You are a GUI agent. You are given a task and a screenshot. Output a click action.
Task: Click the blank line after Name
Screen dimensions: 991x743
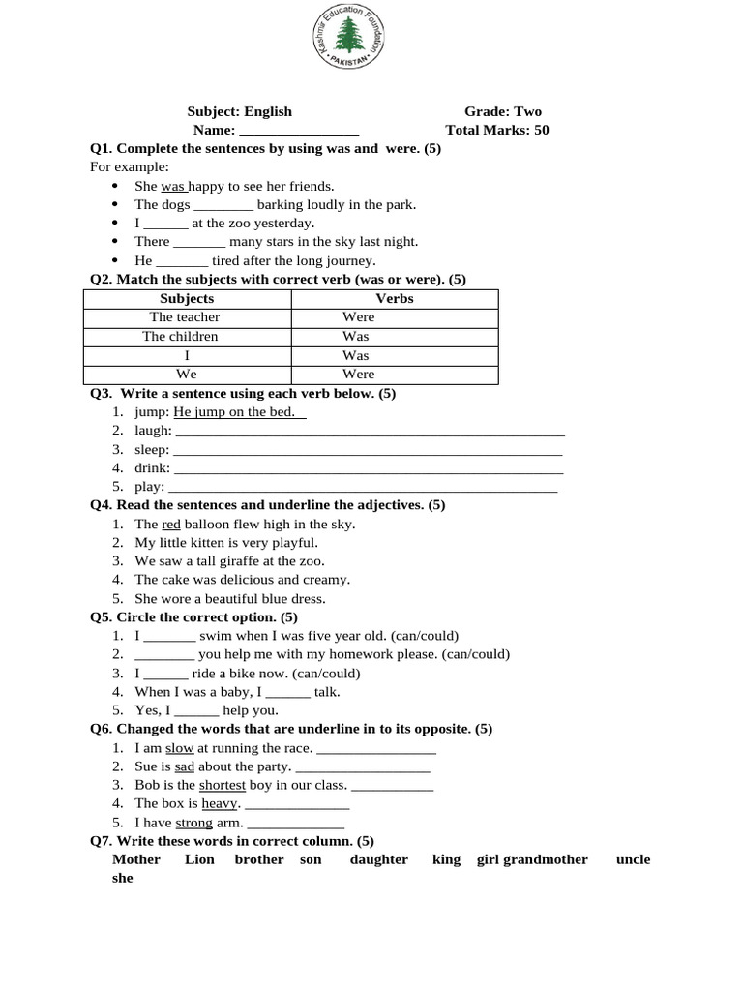(299, 131)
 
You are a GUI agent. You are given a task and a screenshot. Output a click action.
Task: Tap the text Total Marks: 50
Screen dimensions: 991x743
(497, 130)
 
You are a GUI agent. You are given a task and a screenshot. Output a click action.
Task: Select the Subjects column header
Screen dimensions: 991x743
(187, 299)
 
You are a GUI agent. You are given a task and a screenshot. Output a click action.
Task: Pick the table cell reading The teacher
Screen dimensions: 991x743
(185, 317)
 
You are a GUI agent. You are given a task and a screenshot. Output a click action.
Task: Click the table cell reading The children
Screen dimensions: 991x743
(180, 337)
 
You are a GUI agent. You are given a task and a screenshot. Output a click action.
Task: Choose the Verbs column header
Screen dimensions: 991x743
(395, 299)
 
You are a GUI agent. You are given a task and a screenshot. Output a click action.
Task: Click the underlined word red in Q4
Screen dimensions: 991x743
(171, 525)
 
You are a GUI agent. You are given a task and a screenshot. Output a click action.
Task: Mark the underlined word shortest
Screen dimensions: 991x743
(223, 785)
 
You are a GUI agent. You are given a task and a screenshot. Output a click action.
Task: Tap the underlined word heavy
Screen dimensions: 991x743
(220, 803)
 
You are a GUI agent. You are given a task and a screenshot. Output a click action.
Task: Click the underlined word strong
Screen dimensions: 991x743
(193, 823)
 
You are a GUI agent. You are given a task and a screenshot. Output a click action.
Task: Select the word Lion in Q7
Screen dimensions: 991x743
(199, 859)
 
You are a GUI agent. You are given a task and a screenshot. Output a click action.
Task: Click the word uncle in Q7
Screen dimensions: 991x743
(633, 859)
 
